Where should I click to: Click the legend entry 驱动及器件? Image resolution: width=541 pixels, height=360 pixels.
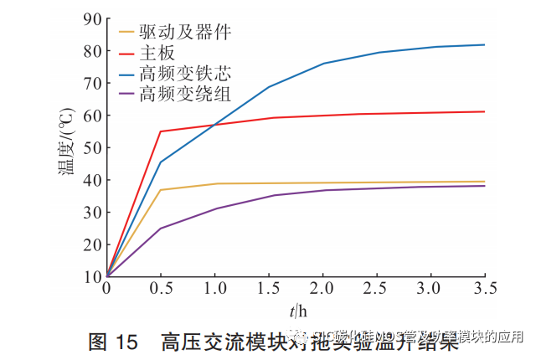tap(185, 33)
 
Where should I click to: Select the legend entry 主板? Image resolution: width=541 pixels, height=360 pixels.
tap(158, 53)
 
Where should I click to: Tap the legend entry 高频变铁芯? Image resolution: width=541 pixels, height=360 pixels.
tap(185, 73)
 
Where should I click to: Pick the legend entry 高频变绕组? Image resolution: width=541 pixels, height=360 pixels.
tap(185, 92)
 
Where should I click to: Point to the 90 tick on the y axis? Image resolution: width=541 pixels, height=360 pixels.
tap(91, 18)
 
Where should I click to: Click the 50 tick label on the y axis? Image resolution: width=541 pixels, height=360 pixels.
tap(91, 147)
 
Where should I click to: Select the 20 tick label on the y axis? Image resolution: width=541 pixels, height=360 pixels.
tap(91, 244)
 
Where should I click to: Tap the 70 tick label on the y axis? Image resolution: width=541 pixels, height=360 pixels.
tap(91, 83)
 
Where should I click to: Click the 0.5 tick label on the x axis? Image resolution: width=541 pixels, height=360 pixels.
tap(160, 289)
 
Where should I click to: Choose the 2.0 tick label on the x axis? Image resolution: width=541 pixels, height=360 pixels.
tap(322, 289)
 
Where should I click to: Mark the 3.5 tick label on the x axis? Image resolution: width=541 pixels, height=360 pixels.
tap(484, 289)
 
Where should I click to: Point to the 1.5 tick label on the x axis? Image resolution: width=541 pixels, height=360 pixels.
tap(268, 289)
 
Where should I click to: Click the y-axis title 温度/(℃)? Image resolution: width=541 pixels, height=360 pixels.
tap(64, 147)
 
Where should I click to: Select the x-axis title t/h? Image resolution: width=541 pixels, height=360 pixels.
tap(298, 311)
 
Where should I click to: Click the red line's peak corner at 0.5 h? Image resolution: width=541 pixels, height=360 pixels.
tap(160, 131)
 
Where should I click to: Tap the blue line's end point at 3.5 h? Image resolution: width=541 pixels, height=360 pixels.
tap(484, 44)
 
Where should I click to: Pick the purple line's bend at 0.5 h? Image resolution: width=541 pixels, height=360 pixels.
tap(160, 229)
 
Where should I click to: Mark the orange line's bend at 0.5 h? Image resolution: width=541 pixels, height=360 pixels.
tap(160, 190)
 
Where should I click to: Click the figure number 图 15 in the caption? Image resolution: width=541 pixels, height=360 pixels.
tap(111, 341)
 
